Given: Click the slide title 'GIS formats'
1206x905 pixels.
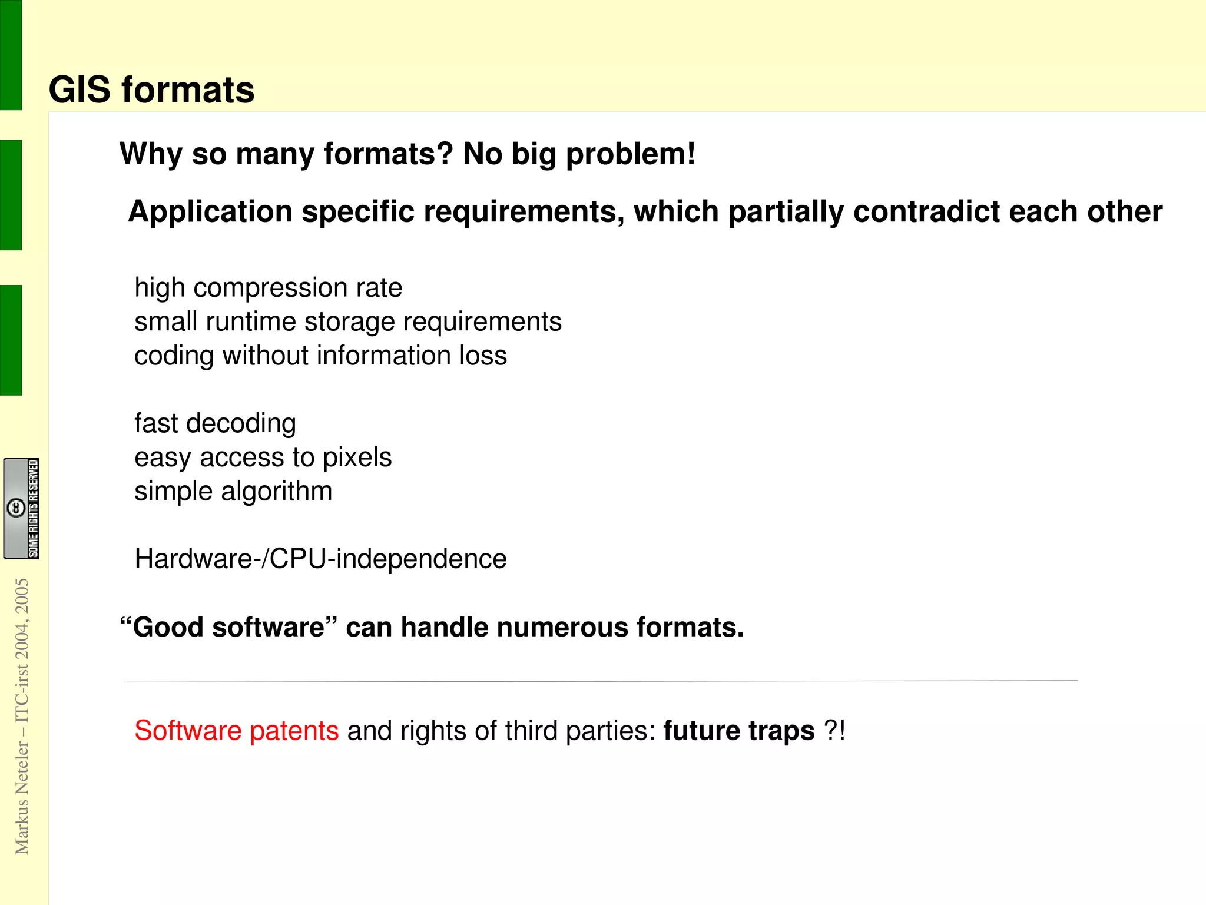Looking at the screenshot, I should coord(151,89).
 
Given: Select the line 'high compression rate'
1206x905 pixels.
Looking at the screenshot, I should coord(268,288).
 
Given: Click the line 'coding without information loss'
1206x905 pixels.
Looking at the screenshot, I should coord(320,356).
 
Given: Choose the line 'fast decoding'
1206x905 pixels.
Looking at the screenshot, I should coord(215,423).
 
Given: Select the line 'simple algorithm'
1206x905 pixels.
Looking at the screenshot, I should coord(233,491).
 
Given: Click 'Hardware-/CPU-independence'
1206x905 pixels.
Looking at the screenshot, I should coord(320,559).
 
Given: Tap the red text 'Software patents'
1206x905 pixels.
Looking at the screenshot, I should coord(236,731).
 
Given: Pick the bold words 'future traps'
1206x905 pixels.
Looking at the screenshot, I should coord(738,731).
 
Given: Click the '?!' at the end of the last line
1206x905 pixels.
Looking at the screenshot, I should coord(834,731).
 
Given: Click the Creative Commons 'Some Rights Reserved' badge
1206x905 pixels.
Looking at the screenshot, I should coord(21,508).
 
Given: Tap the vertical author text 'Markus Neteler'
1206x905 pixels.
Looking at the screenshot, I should coord(22,798).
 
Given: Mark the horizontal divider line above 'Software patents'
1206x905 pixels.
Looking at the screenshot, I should coord(600,681).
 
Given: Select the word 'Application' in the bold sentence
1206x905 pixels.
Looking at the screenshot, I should coord(210,211).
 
